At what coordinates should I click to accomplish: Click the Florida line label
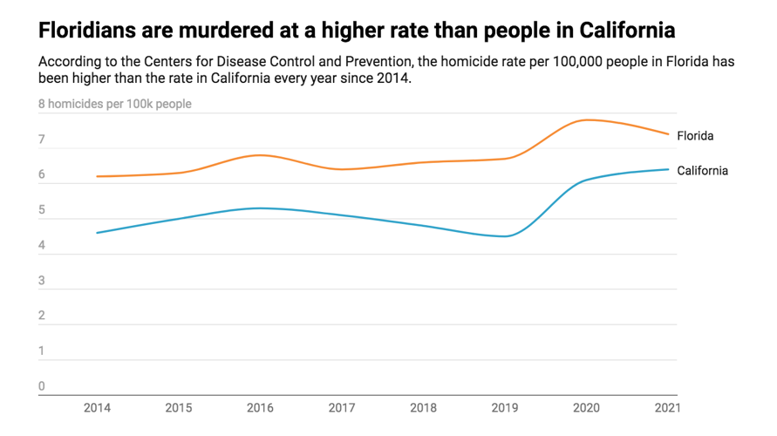[695, 136]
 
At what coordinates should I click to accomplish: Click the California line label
[702, 171]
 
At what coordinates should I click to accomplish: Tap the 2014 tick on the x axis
[97, 407]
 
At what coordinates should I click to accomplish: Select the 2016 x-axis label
[260, 407]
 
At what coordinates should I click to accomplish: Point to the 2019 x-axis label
[506, 407]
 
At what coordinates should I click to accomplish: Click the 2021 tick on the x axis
[666, 407]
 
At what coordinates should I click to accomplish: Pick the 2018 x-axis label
[424, 407]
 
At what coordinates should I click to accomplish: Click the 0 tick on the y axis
[42, 386]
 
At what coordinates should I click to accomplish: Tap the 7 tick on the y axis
[42, 140]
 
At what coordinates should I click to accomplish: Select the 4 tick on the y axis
[42, 246]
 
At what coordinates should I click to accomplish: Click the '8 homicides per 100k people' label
[114, 104]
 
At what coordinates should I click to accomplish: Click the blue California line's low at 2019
[506, 236]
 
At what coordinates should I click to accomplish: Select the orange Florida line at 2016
[260, 155]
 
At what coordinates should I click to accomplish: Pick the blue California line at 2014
[97, 233]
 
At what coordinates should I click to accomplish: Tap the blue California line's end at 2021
[668, 169]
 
